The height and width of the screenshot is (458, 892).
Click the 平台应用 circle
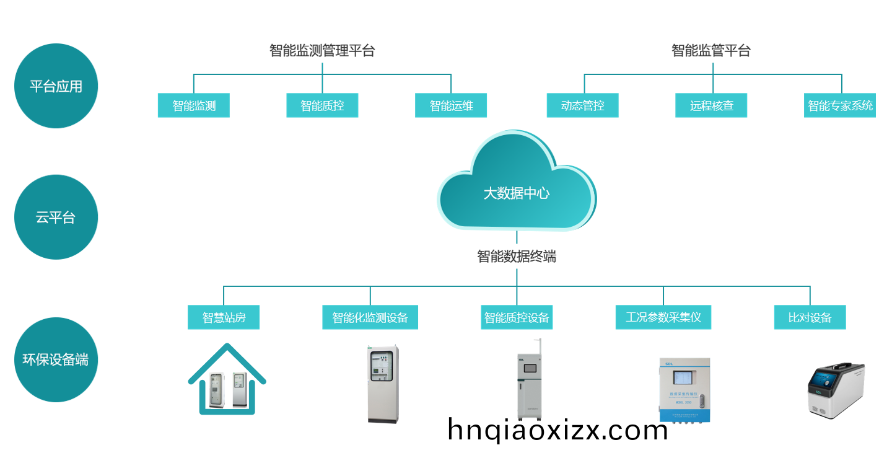click(56, 86)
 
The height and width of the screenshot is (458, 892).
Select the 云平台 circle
click(56, 218)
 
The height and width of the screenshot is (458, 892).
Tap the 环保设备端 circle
click(56, 359)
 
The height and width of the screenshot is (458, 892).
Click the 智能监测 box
click(194, 105)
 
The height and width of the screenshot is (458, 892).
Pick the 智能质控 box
click(322, 105)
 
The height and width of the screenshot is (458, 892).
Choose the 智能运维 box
click(451, 105)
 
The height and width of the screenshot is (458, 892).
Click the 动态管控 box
click(582, 105)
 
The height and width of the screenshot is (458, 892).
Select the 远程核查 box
click(711, 105)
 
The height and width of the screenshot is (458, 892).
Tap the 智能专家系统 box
click(840, 105)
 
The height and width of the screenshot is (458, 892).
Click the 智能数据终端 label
click(516, 256)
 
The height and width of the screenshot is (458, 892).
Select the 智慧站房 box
click(224, 317)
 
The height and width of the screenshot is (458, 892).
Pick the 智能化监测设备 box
click(370, 317)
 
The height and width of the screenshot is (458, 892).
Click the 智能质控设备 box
click(517, 317)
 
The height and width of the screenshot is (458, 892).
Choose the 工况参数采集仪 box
click(663, 317)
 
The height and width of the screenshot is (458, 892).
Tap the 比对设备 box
click(810, 317)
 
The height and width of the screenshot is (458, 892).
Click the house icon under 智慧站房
click(227, 379)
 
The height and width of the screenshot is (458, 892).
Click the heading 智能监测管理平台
click(322, 51)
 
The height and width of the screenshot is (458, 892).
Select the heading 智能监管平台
click(711, 51)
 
